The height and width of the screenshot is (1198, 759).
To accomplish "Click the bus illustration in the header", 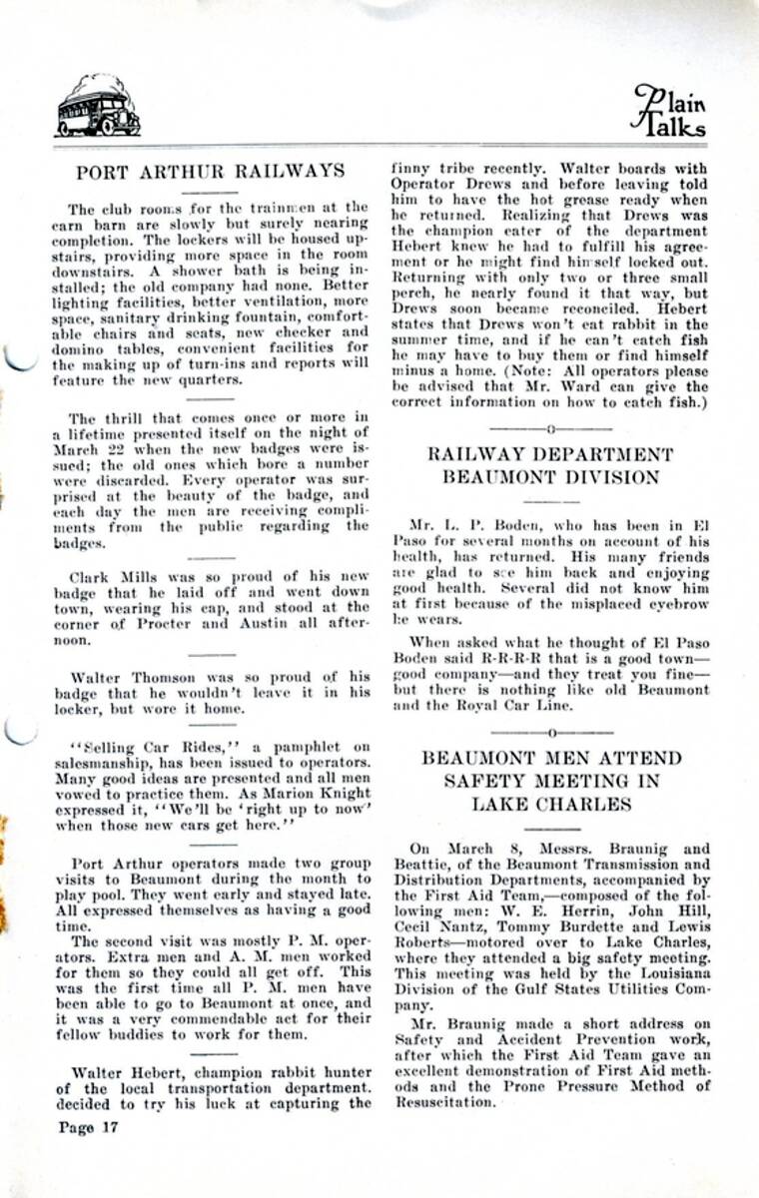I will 98,107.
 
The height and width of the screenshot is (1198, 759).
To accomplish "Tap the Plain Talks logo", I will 669,109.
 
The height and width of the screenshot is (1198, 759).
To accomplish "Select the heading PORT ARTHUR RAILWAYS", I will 210,172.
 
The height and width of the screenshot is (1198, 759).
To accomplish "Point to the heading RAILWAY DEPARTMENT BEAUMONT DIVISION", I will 550,465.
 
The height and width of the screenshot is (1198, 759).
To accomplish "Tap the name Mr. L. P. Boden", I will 463,523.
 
